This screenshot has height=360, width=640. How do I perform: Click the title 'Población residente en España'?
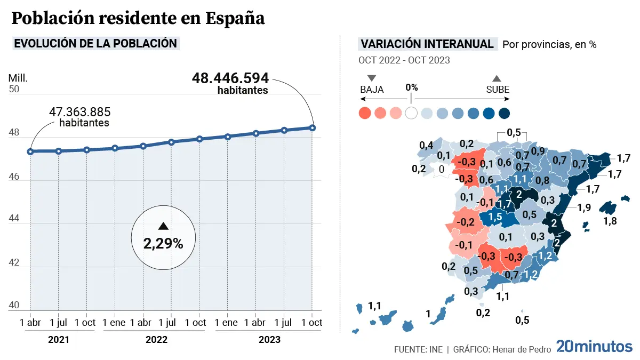tap(138, 19)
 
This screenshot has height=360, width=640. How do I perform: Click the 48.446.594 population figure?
tap(230, 78)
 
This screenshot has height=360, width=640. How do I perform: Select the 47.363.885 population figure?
tap(80, 112)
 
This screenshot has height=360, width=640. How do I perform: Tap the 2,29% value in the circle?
tap(163, 244)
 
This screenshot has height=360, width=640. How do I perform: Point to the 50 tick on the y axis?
tap(14, 89)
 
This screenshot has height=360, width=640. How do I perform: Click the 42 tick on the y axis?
tap(14, 263)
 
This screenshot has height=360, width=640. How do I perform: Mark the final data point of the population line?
tap(313, 127)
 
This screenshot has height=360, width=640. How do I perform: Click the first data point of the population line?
tap(30, 151)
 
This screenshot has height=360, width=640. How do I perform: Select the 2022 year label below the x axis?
tap(154, 340)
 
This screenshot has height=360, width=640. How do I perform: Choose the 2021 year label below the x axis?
tap(59, 340)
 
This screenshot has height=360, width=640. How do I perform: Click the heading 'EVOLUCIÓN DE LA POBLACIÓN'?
tap(95, 44)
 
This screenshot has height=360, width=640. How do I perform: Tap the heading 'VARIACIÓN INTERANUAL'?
tap(427, 44)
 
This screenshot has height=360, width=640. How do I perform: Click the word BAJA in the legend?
tap(372, 90)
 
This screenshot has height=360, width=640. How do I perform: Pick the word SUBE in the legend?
tap(498, 90)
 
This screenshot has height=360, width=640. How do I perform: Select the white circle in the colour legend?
tap(411, 113)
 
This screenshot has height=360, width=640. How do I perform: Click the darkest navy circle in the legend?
tap(504, 113)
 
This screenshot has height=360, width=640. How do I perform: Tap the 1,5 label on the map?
tap(495, 217)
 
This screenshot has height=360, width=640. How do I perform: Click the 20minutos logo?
tap(594, 347)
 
